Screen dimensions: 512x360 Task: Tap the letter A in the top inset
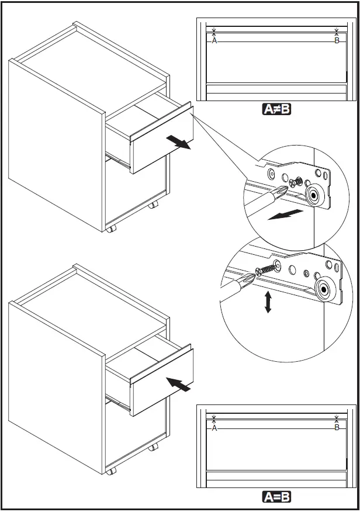click(x=214, y=41)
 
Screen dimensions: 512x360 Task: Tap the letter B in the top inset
click(x=337, y=41)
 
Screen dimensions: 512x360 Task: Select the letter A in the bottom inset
click(x=214, y=428)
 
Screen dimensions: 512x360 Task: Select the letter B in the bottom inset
click(x=337, y=428)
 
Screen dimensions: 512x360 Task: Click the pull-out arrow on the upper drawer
click(x=178, y=143)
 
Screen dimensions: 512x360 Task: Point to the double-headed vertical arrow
click(x=268, y=302)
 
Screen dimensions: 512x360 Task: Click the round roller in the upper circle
click(x=315, y=196)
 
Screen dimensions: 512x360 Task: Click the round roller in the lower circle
click(x=322, y=288)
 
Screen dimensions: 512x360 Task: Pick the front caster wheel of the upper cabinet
click(x=110, y=229)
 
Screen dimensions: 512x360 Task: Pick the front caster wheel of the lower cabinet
click(x=110, y=471)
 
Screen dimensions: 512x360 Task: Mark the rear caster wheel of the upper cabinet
click(x=153, y=206)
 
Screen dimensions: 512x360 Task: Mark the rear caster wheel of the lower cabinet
click(x=153, y=447)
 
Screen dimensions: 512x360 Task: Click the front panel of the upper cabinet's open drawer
click(x=162, y=139)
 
